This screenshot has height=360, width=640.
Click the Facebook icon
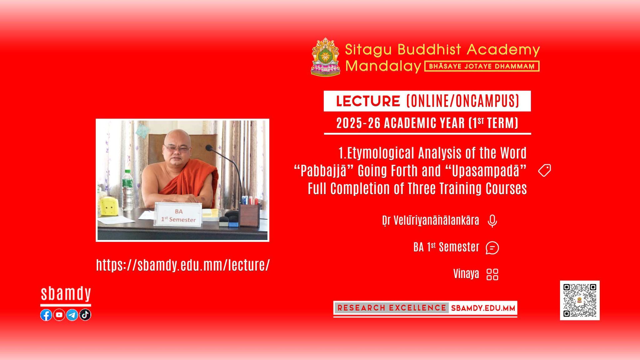pyautogui.click(x=46, y=315)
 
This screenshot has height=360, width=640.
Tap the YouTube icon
pyautogui.click(x=59, y=315)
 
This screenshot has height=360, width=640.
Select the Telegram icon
pyautogui.click(x=72, y=315)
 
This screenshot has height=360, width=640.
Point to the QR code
pyautogui.click(x=580, y=300)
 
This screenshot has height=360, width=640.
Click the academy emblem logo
pyautogui.click(x=325, y=57)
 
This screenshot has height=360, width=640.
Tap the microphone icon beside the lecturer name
pyautogui.click(x=492, y=221)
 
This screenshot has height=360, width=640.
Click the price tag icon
pyautogui.click(x=544, y=171)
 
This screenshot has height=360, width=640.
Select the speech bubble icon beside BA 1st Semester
pyautogui.click(x=492, y=248)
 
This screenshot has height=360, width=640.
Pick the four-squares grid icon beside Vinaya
pyautogui.click(x=492, y=274)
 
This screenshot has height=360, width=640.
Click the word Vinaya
pyautogui.click(x=466, y=274)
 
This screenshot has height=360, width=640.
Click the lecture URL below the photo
pyautogui.click(x=183, y=265)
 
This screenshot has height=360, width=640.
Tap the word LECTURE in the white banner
pyautogui.click(x=368, y=101)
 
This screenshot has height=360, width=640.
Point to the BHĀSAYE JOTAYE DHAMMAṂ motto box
pyautogui.click(x=482, y=66)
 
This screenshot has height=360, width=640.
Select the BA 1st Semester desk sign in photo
pyautogui.click(x=178, y=214)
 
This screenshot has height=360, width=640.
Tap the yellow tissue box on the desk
pyautogui.click(x=108, y=206)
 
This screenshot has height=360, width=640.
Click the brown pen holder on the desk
pyautogui.click(x=249, y=215)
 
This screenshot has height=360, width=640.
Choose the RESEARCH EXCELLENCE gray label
pyautogui.click(x=392, y=308)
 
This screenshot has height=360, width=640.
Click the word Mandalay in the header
pyautogui.click(x=383, y=66)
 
